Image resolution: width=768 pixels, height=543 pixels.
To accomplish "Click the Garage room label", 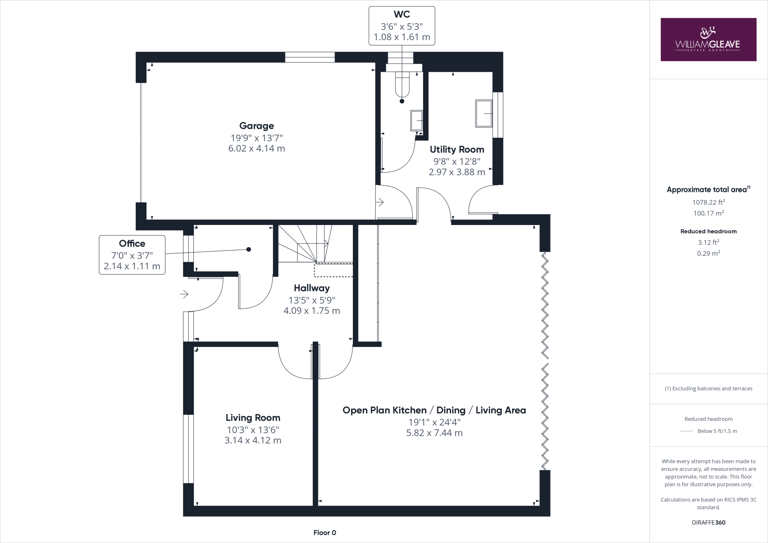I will coord(256,126).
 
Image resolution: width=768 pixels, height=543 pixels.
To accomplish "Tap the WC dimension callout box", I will coord(402,26).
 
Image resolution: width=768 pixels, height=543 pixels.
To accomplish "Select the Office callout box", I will coord(132,255).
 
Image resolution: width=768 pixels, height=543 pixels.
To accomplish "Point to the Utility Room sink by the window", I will coord(484,113).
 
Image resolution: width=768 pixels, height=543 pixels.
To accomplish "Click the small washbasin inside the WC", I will coord(417,120).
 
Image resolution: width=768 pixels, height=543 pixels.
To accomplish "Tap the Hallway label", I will coord(312,288).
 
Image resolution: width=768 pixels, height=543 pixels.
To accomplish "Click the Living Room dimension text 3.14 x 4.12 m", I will coord(253,440).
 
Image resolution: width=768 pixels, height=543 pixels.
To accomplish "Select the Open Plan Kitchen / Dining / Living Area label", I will coord(434,410).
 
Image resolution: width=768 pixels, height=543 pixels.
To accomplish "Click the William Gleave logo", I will coord(708,39).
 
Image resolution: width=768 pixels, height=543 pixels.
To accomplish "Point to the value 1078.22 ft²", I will coord(708,202).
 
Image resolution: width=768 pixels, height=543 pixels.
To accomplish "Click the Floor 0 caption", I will coord(325,532).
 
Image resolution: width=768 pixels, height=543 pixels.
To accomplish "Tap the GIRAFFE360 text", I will coord(708,522).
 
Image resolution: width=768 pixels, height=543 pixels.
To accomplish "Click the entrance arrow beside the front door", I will coord(184,294).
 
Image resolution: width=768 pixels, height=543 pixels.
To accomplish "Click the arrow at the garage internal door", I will coord(379,202).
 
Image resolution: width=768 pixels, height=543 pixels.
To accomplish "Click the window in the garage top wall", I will coord(310,57).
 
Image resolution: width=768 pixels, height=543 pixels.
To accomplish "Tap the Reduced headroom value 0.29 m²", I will coord(708,253).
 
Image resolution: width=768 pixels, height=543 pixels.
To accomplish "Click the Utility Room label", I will coord(457,150).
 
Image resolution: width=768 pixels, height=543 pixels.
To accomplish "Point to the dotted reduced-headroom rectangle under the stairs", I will coord(333,270).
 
